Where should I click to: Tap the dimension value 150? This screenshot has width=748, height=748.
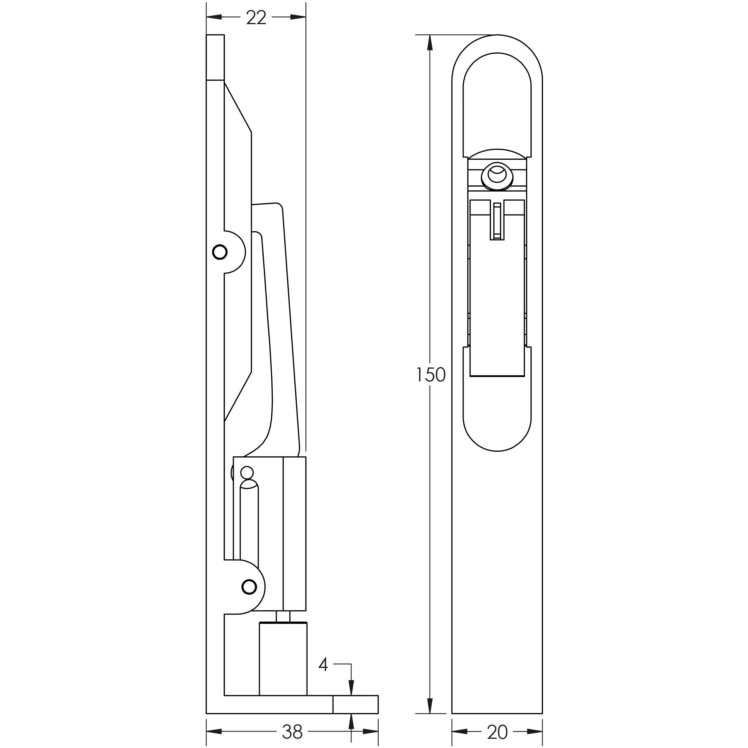tap(431, 375)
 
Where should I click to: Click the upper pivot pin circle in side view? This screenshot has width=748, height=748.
tap(220, 252)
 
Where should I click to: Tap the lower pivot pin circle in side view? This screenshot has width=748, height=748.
tap(249, 587)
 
